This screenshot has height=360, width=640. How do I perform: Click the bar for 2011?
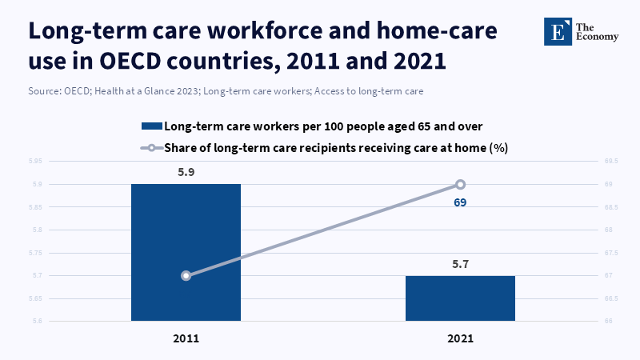[x=186, y=252]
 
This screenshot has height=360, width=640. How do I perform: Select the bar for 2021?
[x=460, y=298]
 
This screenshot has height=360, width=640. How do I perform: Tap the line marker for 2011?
[x=186, y=275]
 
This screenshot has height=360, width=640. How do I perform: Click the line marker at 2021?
[x=460, y=184]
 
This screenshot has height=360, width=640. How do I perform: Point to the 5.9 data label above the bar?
[x=186, y=170]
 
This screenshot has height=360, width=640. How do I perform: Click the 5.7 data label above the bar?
[x=460, y=262]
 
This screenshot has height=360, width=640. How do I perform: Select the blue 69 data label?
[x=459, y=202]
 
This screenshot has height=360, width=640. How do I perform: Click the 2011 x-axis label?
[x=186, y=338]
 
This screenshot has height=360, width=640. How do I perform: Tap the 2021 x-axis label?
[x=460, y=338]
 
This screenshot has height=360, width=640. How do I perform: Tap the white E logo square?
[x=557, y=30]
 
